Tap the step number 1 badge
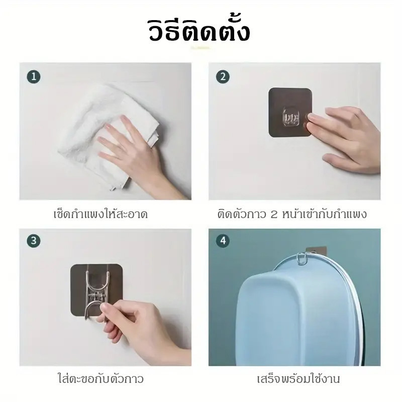coord(34,77)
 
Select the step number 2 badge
coord(223,77)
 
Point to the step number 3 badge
coord(34,241)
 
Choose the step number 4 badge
coord(223,241)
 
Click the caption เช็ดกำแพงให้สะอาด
coord(100,214)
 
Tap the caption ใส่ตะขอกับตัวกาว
coord(100,378)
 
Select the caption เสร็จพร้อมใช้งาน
coord(298,378)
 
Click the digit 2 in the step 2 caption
coord(274,215)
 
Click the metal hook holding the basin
coord(302,258)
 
